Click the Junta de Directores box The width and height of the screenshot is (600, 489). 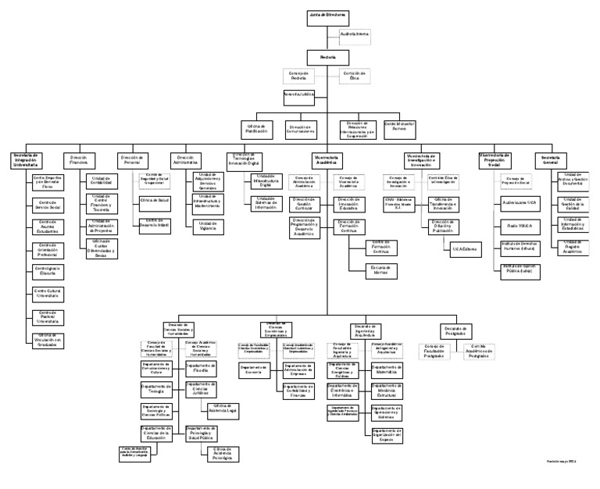click(x=328, y=15)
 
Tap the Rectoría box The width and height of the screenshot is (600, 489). click(x=328, y=57)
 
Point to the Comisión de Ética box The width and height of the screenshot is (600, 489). click(x=353, y=76)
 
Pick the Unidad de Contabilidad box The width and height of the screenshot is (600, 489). click(x=102, y=181)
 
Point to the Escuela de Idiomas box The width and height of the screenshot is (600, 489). click(x=380, y=269)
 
